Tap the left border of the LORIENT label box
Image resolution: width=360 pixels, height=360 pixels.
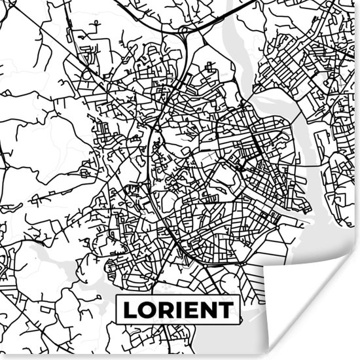pos(117,310)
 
